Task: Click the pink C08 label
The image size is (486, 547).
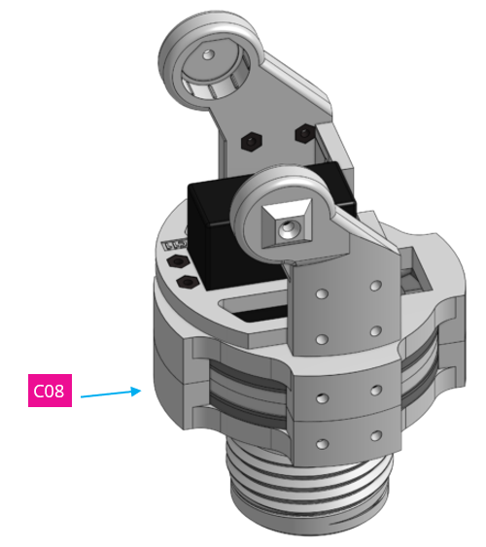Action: click(x=49, y=392)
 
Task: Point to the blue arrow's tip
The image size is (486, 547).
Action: click(x=143, y=391)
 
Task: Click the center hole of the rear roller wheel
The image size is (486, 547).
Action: click(x=208, y=54)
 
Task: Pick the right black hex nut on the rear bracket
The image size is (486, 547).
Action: click(x=303, y=130)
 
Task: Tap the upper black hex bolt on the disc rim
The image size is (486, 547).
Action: click(x=177, y=263)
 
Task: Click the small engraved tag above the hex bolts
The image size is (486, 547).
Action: click(x=176, y=244)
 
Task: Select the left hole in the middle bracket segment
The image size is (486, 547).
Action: click(x=322, y=398)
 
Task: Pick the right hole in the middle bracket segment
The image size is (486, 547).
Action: click(x=375, y=389)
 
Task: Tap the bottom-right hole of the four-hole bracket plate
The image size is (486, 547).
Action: click(x=375, y=331)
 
